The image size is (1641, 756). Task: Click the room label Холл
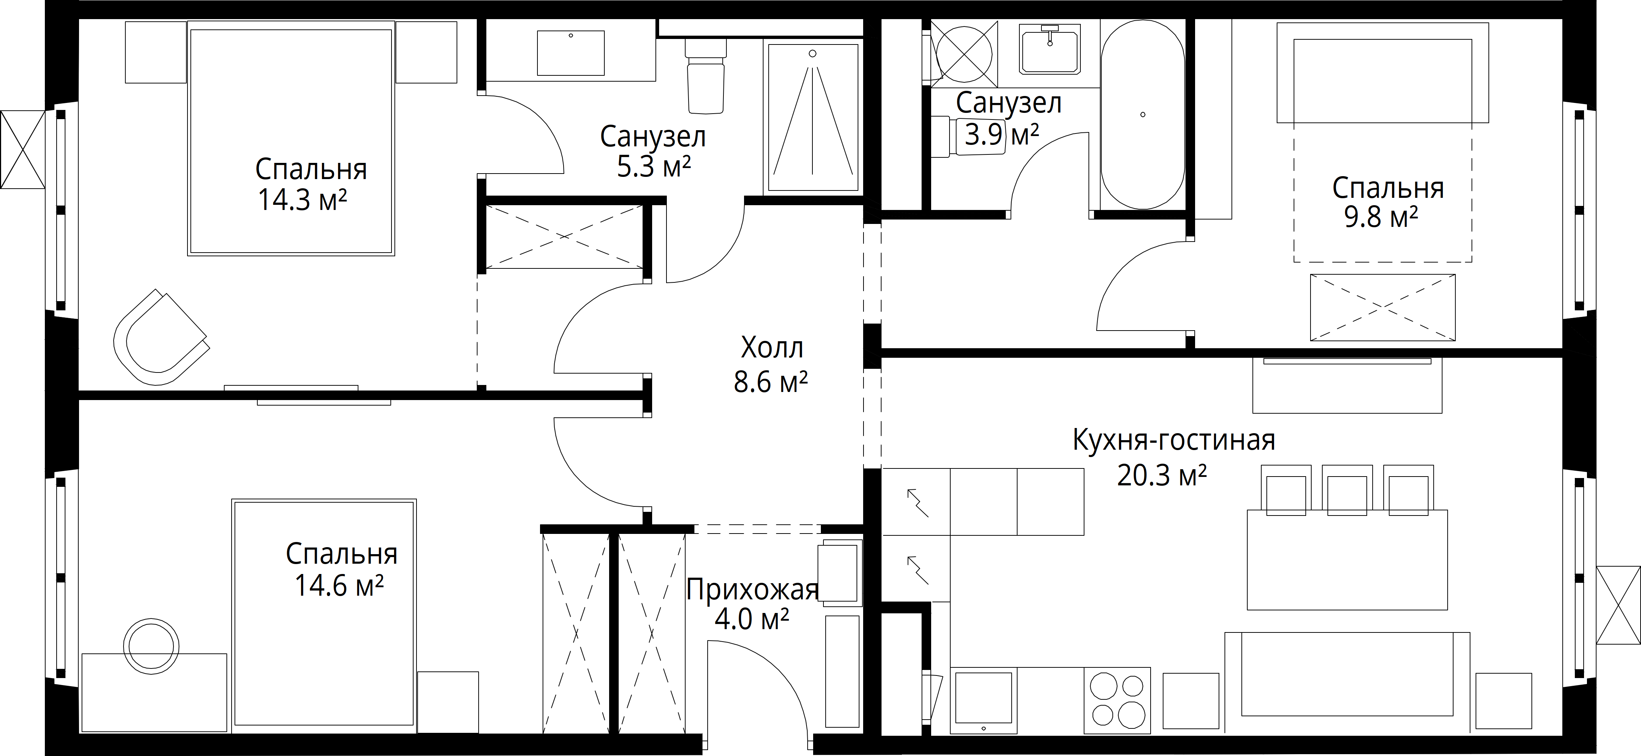(772, 348)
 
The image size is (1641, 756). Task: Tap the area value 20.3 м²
(1162, 475)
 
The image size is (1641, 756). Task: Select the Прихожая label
(752, 590)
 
